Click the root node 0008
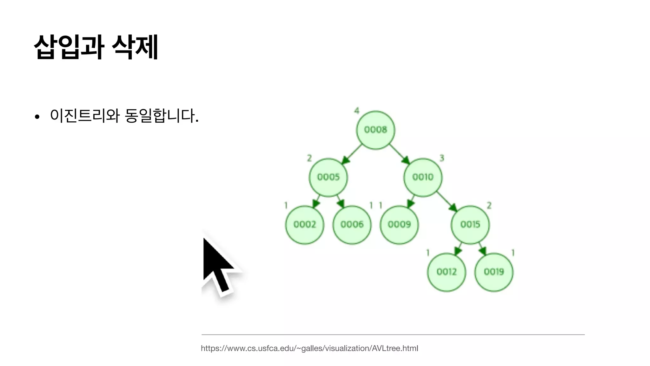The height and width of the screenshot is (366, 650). (x=375, y=130)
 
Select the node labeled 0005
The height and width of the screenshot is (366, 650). (x=328, y=177)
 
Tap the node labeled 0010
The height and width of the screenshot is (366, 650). (x=423, y=177)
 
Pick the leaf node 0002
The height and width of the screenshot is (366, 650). (x=305, y=225)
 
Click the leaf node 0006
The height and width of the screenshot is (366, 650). (x=352, y=225)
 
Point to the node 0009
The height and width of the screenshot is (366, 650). (x=399, y=225)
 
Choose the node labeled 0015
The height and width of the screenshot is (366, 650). (x=470, y=225)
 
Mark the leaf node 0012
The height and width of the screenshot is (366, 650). (x=447, y=272)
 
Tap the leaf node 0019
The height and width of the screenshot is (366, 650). (x=494, y=272)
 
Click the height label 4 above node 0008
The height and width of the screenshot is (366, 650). (x=357, y=111)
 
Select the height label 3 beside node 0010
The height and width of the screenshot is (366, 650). (x=441, y=158)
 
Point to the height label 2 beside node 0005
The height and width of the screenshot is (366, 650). (x=309, y=158)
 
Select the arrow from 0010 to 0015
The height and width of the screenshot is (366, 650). (x=447, y=201)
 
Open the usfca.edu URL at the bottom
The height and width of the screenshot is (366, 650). (x=309, y=348)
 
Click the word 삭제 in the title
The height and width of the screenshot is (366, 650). (x=135, y=47)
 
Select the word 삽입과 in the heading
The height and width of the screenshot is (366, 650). (x=69, y=47)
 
